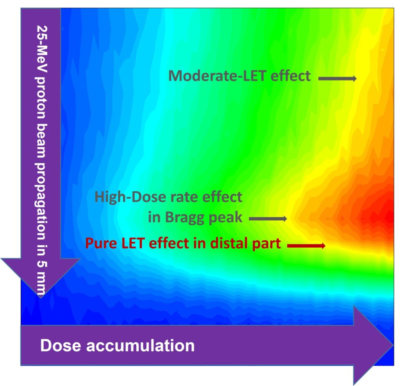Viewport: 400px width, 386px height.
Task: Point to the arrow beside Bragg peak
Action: click(x=268, y=219)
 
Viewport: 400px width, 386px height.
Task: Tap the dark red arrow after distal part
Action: click(x=306, y=246)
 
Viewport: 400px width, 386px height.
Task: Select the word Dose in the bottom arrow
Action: click(x=59, y=345)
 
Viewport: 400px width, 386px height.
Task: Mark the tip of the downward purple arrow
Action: click(x=41, y=297)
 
